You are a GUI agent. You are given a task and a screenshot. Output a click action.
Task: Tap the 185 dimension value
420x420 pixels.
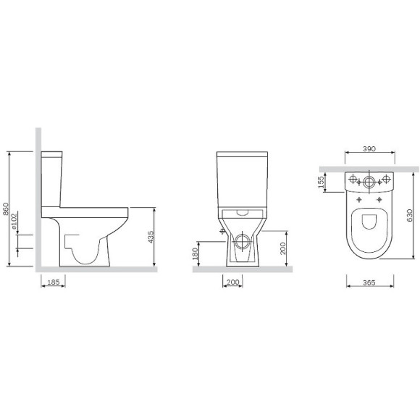(x=49, y=284)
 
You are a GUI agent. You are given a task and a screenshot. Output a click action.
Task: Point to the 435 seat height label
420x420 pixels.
(x=151, y=236)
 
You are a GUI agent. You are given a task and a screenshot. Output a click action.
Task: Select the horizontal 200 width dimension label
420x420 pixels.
(x=233, y=284)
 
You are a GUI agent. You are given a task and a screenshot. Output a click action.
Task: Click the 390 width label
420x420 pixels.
(x=369, y=148)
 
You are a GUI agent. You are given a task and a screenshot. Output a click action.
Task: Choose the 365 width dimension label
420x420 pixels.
(x=369, y=284)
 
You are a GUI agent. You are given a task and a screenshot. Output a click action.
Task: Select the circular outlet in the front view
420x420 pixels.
(x=241, y=238)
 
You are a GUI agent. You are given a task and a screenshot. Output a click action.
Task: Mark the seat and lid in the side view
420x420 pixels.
(x=87, y=211)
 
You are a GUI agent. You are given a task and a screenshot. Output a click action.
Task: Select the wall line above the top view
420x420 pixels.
(x=369, y=170)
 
